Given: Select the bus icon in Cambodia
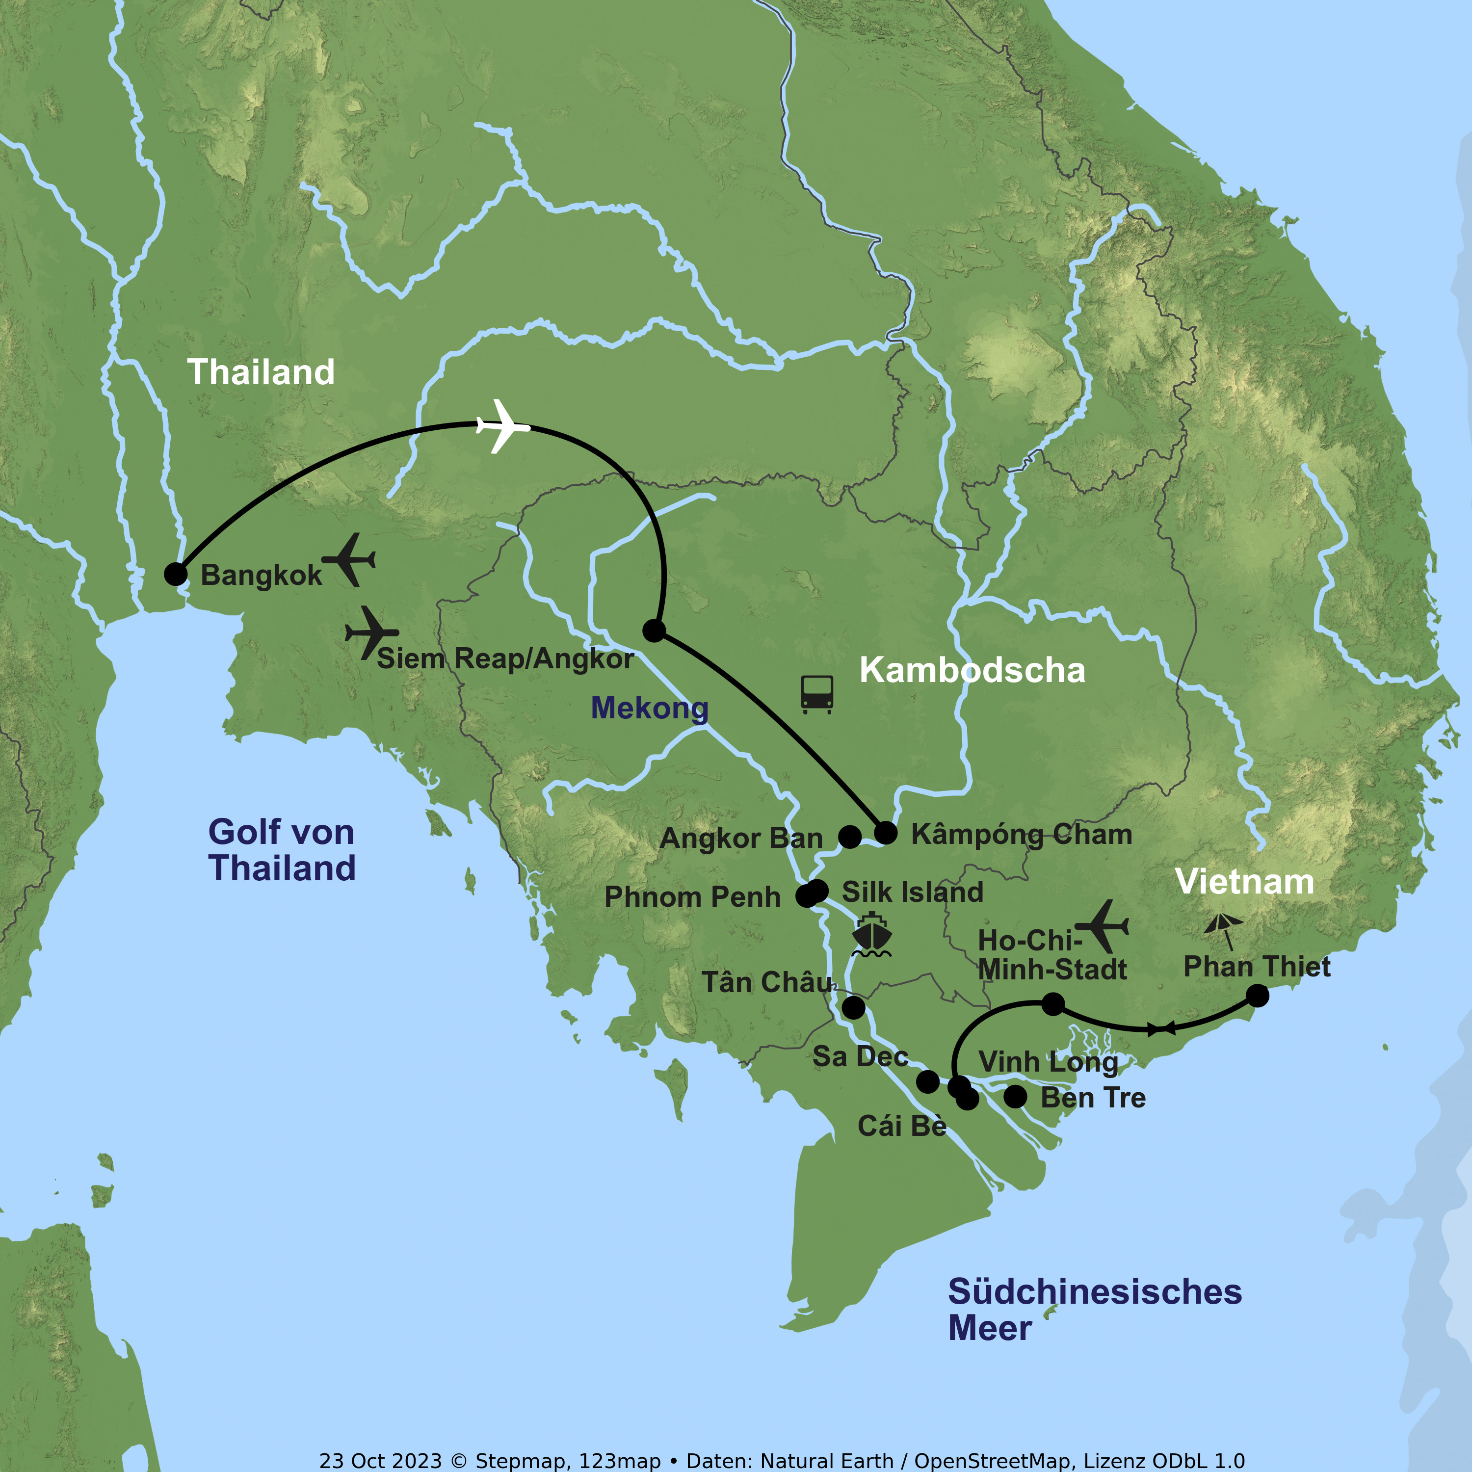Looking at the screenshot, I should click(x=817, y=694).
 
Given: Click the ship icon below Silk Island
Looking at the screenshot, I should click(x=871, y=935).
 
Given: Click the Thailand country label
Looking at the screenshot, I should click(x=262, y=372).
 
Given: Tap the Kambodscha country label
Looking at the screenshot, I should click(x=972, y=670).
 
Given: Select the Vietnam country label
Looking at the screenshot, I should click(x=1244, y=882).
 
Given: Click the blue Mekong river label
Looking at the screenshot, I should click(x=649, y=708).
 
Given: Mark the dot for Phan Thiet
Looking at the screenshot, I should click(x=1257, y=996).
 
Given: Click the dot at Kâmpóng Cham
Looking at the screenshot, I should click(x=885, y=833).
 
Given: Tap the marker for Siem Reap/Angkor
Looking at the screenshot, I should click(x=654, y=630).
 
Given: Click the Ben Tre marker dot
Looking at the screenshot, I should click(x=1015, y=1096).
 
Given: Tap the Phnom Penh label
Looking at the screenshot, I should click(x=692, y=897).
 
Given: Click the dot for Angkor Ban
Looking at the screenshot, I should click(x=849, y=837).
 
